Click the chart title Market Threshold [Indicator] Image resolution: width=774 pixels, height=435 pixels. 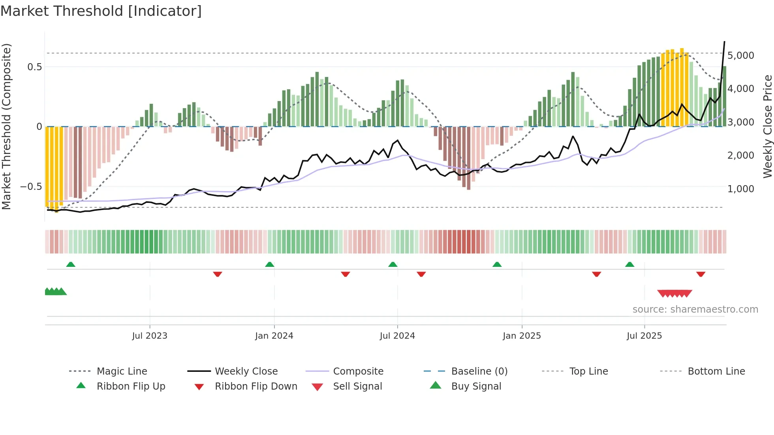(x=101, y=11)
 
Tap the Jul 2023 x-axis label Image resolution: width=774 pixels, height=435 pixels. (x=150, y=336)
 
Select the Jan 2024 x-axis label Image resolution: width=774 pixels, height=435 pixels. (x=274, y=336)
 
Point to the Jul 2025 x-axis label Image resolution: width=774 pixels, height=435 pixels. (x=644, y=336)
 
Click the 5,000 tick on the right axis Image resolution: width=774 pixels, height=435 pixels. (x=740, y=56)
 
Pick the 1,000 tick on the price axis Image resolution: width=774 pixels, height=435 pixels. (x=740, y=189)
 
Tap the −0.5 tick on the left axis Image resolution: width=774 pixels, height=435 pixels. (x=31, y=187)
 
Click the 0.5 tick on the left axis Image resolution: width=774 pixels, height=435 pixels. (x=34, y=67)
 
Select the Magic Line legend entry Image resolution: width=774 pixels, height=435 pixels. (x=122, y=371)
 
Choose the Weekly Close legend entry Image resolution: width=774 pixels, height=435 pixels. (x=246, y=371)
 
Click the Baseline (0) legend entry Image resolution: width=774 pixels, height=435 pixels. (x=479, y=371)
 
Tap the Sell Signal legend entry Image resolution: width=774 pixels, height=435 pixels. (x=357, y=386)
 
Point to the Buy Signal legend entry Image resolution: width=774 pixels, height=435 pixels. (x=476, y=386)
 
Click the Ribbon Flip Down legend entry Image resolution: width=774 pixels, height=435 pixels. (x=256, y=386)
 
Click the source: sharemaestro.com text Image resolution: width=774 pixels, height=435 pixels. (x=695, y=309)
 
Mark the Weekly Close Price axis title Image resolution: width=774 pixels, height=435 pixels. (x=767, y=126)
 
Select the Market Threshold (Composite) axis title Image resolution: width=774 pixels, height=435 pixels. (x=6, y=126)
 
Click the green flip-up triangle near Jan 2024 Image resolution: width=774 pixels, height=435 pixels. (x=270, y=264)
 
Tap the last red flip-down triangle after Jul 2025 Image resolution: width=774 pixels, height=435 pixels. (x=701, y=274)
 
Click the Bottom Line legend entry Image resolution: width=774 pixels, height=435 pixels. (x=716, y=371)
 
